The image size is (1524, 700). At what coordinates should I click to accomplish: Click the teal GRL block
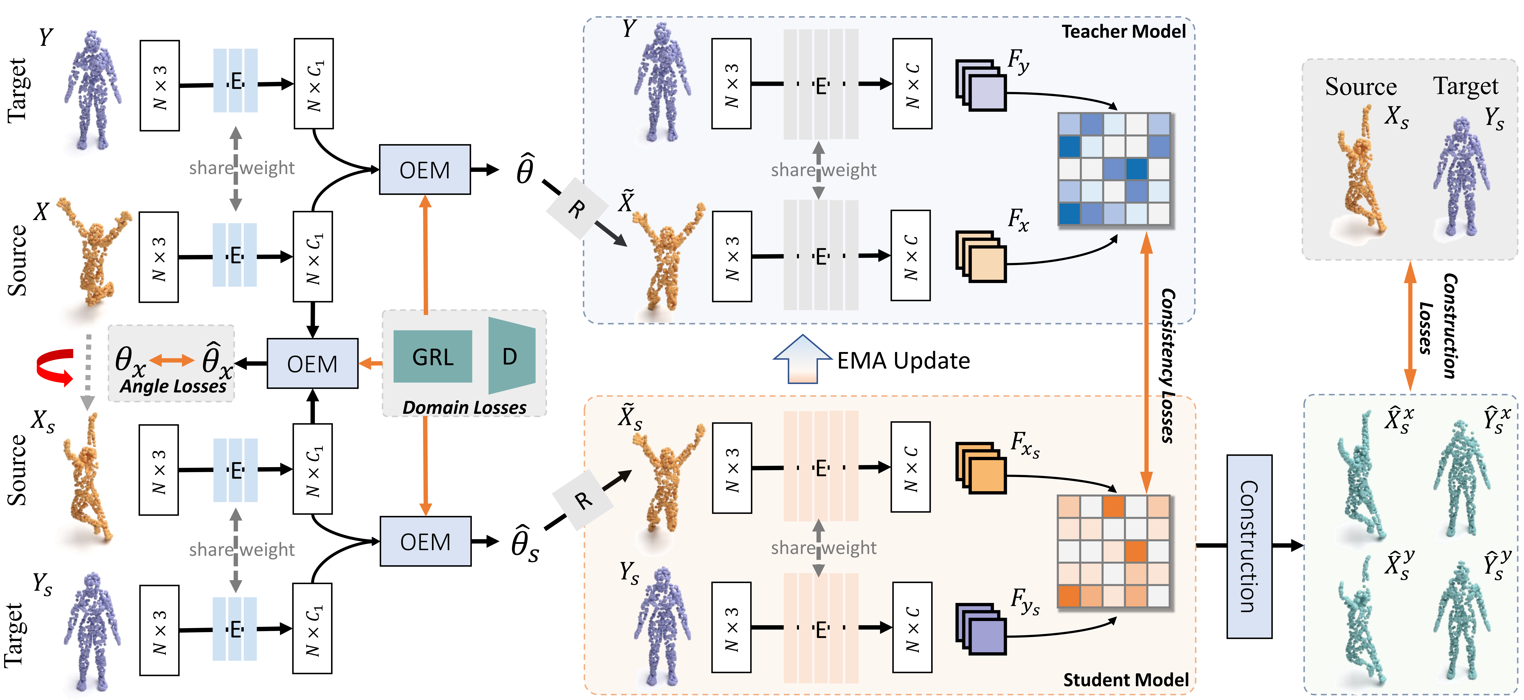432,357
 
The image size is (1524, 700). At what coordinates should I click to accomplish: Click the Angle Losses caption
173,386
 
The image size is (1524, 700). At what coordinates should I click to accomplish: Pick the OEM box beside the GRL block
312,363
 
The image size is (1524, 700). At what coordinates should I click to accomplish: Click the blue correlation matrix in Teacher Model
1114,169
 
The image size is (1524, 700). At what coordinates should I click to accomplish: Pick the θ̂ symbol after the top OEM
525,170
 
